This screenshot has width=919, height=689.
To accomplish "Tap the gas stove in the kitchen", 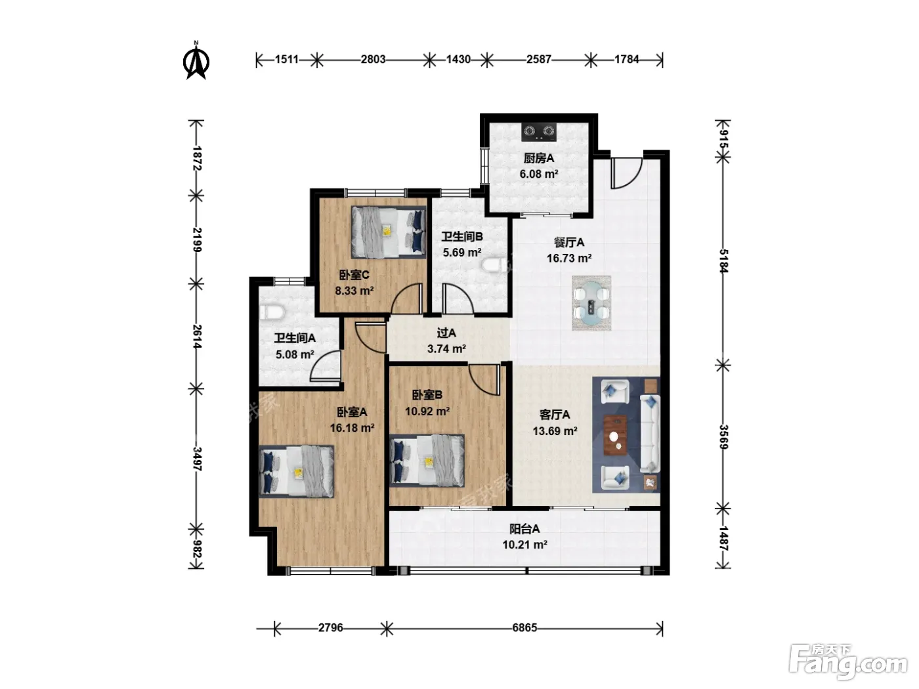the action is (x=538, y=132).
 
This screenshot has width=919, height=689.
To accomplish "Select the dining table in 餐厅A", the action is (x=591, y=303).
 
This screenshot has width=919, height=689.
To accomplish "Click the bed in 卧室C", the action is (x=389, y=232).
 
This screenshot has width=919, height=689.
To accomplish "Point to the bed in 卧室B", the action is (x=427, y=461).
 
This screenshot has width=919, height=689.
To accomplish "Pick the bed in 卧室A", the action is (x=297, y=471).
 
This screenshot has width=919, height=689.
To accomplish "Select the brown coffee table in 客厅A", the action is (x=614, y=434).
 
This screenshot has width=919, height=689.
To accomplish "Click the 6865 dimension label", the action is (x=524, y=627).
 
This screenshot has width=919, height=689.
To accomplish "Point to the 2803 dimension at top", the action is (x=373, y=60).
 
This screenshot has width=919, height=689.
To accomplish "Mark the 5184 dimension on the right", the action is (x=723, y=261).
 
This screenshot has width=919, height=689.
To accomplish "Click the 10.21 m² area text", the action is (x=524, y=545).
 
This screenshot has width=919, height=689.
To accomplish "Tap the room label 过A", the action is (x=446, y=333).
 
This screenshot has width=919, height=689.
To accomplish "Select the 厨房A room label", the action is (x=539, y=158).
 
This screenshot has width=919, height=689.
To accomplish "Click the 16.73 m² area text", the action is (x=569, y=258).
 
